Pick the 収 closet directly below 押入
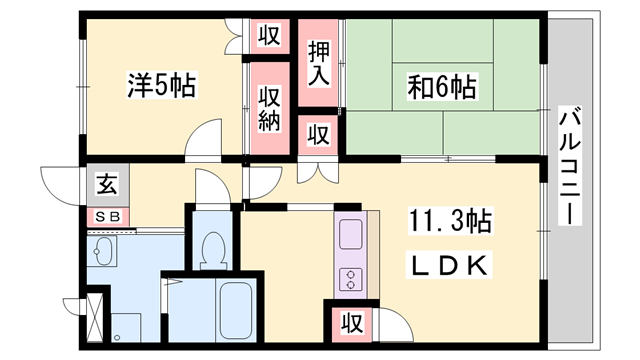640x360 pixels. coord(318,133)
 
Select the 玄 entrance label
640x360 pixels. coord(106,184)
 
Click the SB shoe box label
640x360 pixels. coord(105,215)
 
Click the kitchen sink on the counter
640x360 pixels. coord(351,237)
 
